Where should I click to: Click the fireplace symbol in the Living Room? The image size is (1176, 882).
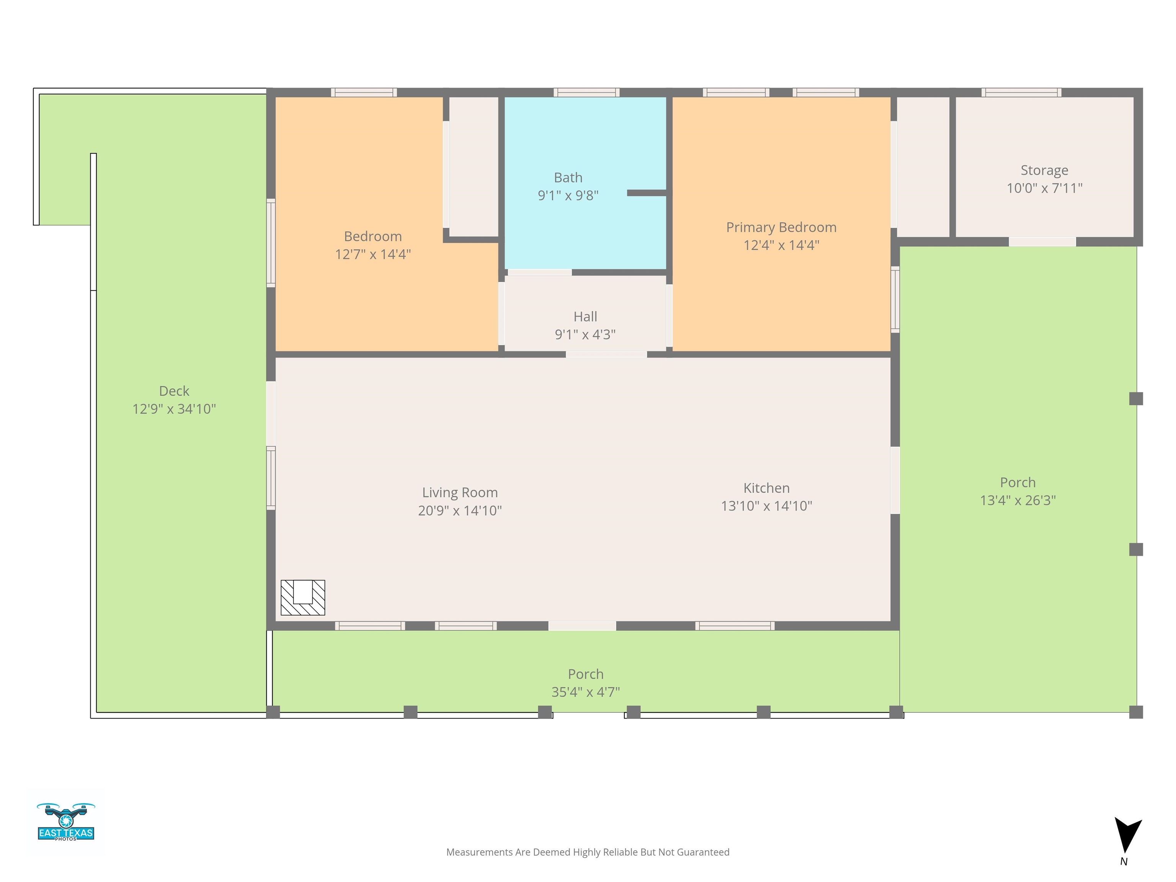(302, 598)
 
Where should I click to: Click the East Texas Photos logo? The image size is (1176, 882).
(66, 822)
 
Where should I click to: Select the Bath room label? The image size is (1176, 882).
(568, 178)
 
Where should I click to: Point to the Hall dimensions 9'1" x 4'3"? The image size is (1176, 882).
(585, 335)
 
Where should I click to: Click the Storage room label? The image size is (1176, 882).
(1044, 170)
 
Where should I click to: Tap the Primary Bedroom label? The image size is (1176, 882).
(781, 227)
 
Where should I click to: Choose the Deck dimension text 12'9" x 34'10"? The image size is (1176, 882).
(174, 409)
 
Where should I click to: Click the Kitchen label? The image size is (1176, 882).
(766, 488)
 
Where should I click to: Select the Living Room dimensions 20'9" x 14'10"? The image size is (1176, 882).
(460, 510)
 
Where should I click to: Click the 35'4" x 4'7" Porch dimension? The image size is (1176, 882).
(585, 692)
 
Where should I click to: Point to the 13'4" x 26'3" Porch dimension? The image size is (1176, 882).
(1018, 500)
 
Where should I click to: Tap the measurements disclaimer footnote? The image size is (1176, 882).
(588, 852)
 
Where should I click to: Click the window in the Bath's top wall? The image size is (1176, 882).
(586, 93)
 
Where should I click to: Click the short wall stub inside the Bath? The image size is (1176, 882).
(647, 193)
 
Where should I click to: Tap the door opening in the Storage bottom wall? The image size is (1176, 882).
(1042, 242)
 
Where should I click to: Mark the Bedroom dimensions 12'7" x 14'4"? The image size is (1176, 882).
(373, 254)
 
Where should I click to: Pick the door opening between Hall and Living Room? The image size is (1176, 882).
(606, 354)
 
